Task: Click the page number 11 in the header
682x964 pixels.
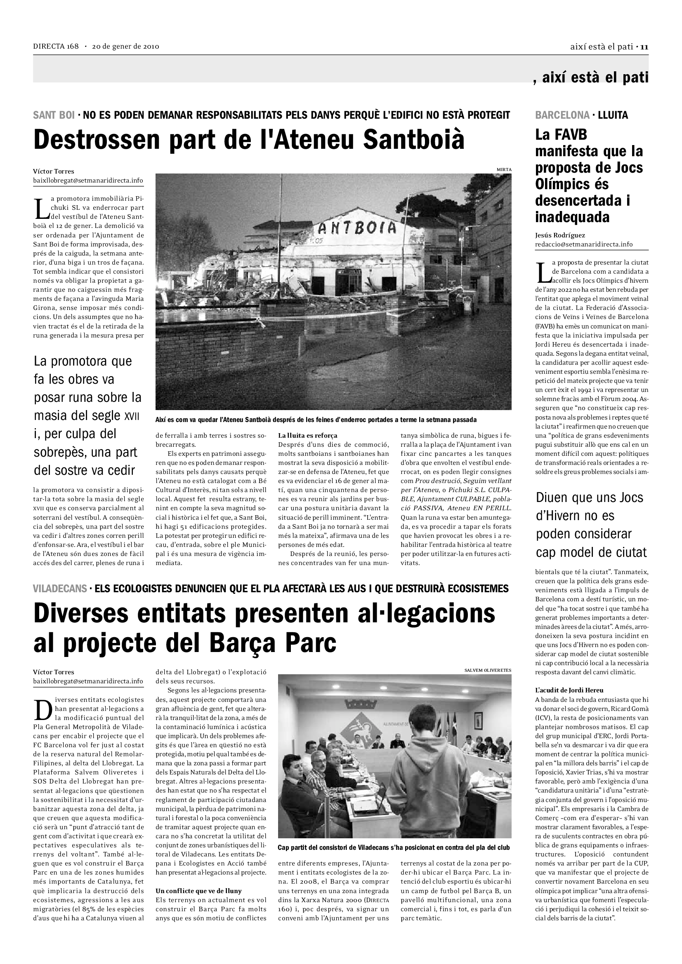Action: click(x=644, y=47)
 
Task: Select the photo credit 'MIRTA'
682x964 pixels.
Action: click(x=504, y=170)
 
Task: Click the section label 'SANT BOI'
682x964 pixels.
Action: click(x=54, y=115)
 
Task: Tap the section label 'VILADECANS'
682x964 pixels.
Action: click(x=60, y=589)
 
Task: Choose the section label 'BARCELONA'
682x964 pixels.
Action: click(x=562, y=115)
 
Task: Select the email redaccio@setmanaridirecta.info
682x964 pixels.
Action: click(x=583, y=244)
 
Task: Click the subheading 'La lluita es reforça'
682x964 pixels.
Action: click(x=308, y=435)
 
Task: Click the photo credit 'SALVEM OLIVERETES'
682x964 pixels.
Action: click(x=487, y=670)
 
